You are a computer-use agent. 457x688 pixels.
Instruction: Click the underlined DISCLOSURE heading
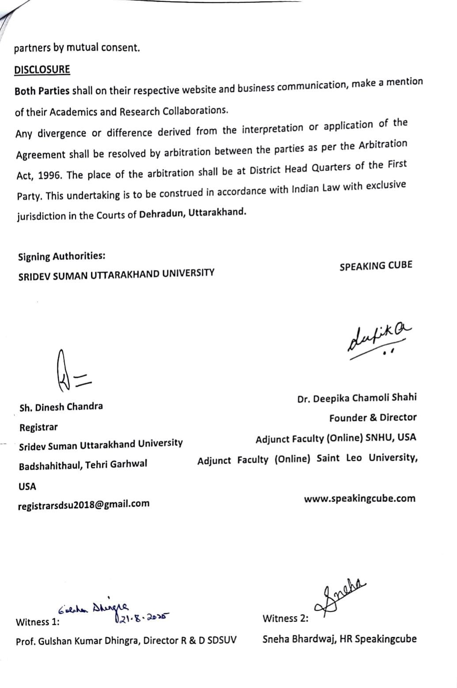pyautogui.click(x=42, y=70)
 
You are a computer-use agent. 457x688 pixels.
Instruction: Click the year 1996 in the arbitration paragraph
pyautogui.click(x=50, y=175)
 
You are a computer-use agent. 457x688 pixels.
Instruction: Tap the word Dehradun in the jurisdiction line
pyautogui.click(x=161, y=214)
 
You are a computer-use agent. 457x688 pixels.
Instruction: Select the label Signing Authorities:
pyautogui.click(x=61, y=257)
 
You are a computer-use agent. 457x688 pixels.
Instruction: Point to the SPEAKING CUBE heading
pyautogui.click(x=376, y=266)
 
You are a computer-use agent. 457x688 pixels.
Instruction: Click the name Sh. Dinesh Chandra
pyautogui.click(x=61, y=407)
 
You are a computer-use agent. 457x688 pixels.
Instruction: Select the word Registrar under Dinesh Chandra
pyautogui.click(x=38, y=428)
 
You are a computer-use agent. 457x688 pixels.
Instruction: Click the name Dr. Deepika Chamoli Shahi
pyautogui.click(x=357, y=398)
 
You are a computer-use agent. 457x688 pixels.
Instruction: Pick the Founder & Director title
pyautogui.click(x=373, y=418)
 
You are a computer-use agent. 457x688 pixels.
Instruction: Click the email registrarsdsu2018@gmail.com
pyautogui.click(x=83, y=504)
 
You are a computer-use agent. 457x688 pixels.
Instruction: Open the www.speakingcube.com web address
pyautogui.click(x=359, y=499)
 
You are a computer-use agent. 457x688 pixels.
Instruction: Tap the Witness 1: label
pyautogui.click(x=38, y=622)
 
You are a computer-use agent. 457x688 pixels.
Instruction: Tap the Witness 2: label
pyautogui.click(x=285, y=619)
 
